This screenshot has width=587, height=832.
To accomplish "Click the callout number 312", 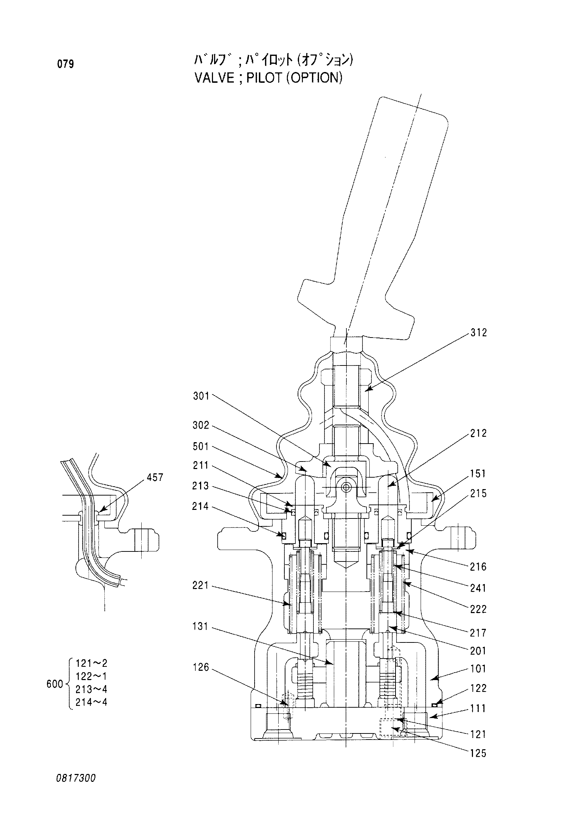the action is pyautogui.click(x=479, y=333).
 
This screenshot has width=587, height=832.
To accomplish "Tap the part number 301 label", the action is pyautogui.click(x=201, y=396).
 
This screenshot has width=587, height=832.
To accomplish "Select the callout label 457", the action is pyautogui.click(x=155, y=478).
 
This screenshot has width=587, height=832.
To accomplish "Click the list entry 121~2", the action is pyautogui.click(x=91, y=664).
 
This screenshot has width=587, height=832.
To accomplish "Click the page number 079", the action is pyautogui.click(x=66, y=64).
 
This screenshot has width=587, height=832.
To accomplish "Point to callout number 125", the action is pyautogui.click(x=478, y=754).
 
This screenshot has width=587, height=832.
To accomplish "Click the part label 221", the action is pyautogui.click(x=201, y=585).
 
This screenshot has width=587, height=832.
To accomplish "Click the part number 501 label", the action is pyautogui.click(x=201, y=446).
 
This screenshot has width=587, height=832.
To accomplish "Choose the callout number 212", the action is pyautogui.click(x=479, y=433).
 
